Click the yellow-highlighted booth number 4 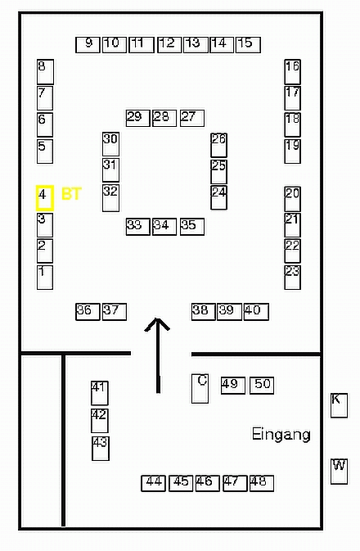coord(45,198)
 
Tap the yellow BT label coord(71,194)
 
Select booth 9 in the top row coord(88,45)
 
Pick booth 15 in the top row coord(248,45)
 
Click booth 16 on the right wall coord(293,72)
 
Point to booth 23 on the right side coord(293,278)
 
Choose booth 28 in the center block coord(164,118)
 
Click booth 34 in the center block coord(164,227)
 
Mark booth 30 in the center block coord(110,144)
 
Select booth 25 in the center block coord(218,171)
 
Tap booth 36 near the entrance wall coord(88,312)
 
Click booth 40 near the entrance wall coord(256,312)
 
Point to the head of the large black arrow coord(157,319)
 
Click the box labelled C coord(200,388)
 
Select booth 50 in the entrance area coord(262,385)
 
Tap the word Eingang coord(281,435)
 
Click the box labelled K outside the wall coord(339,405)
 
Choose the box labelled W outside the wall coord(339,472)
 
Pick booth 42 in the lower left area coord(100,421)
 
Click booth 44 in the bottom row coord(154,483)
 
